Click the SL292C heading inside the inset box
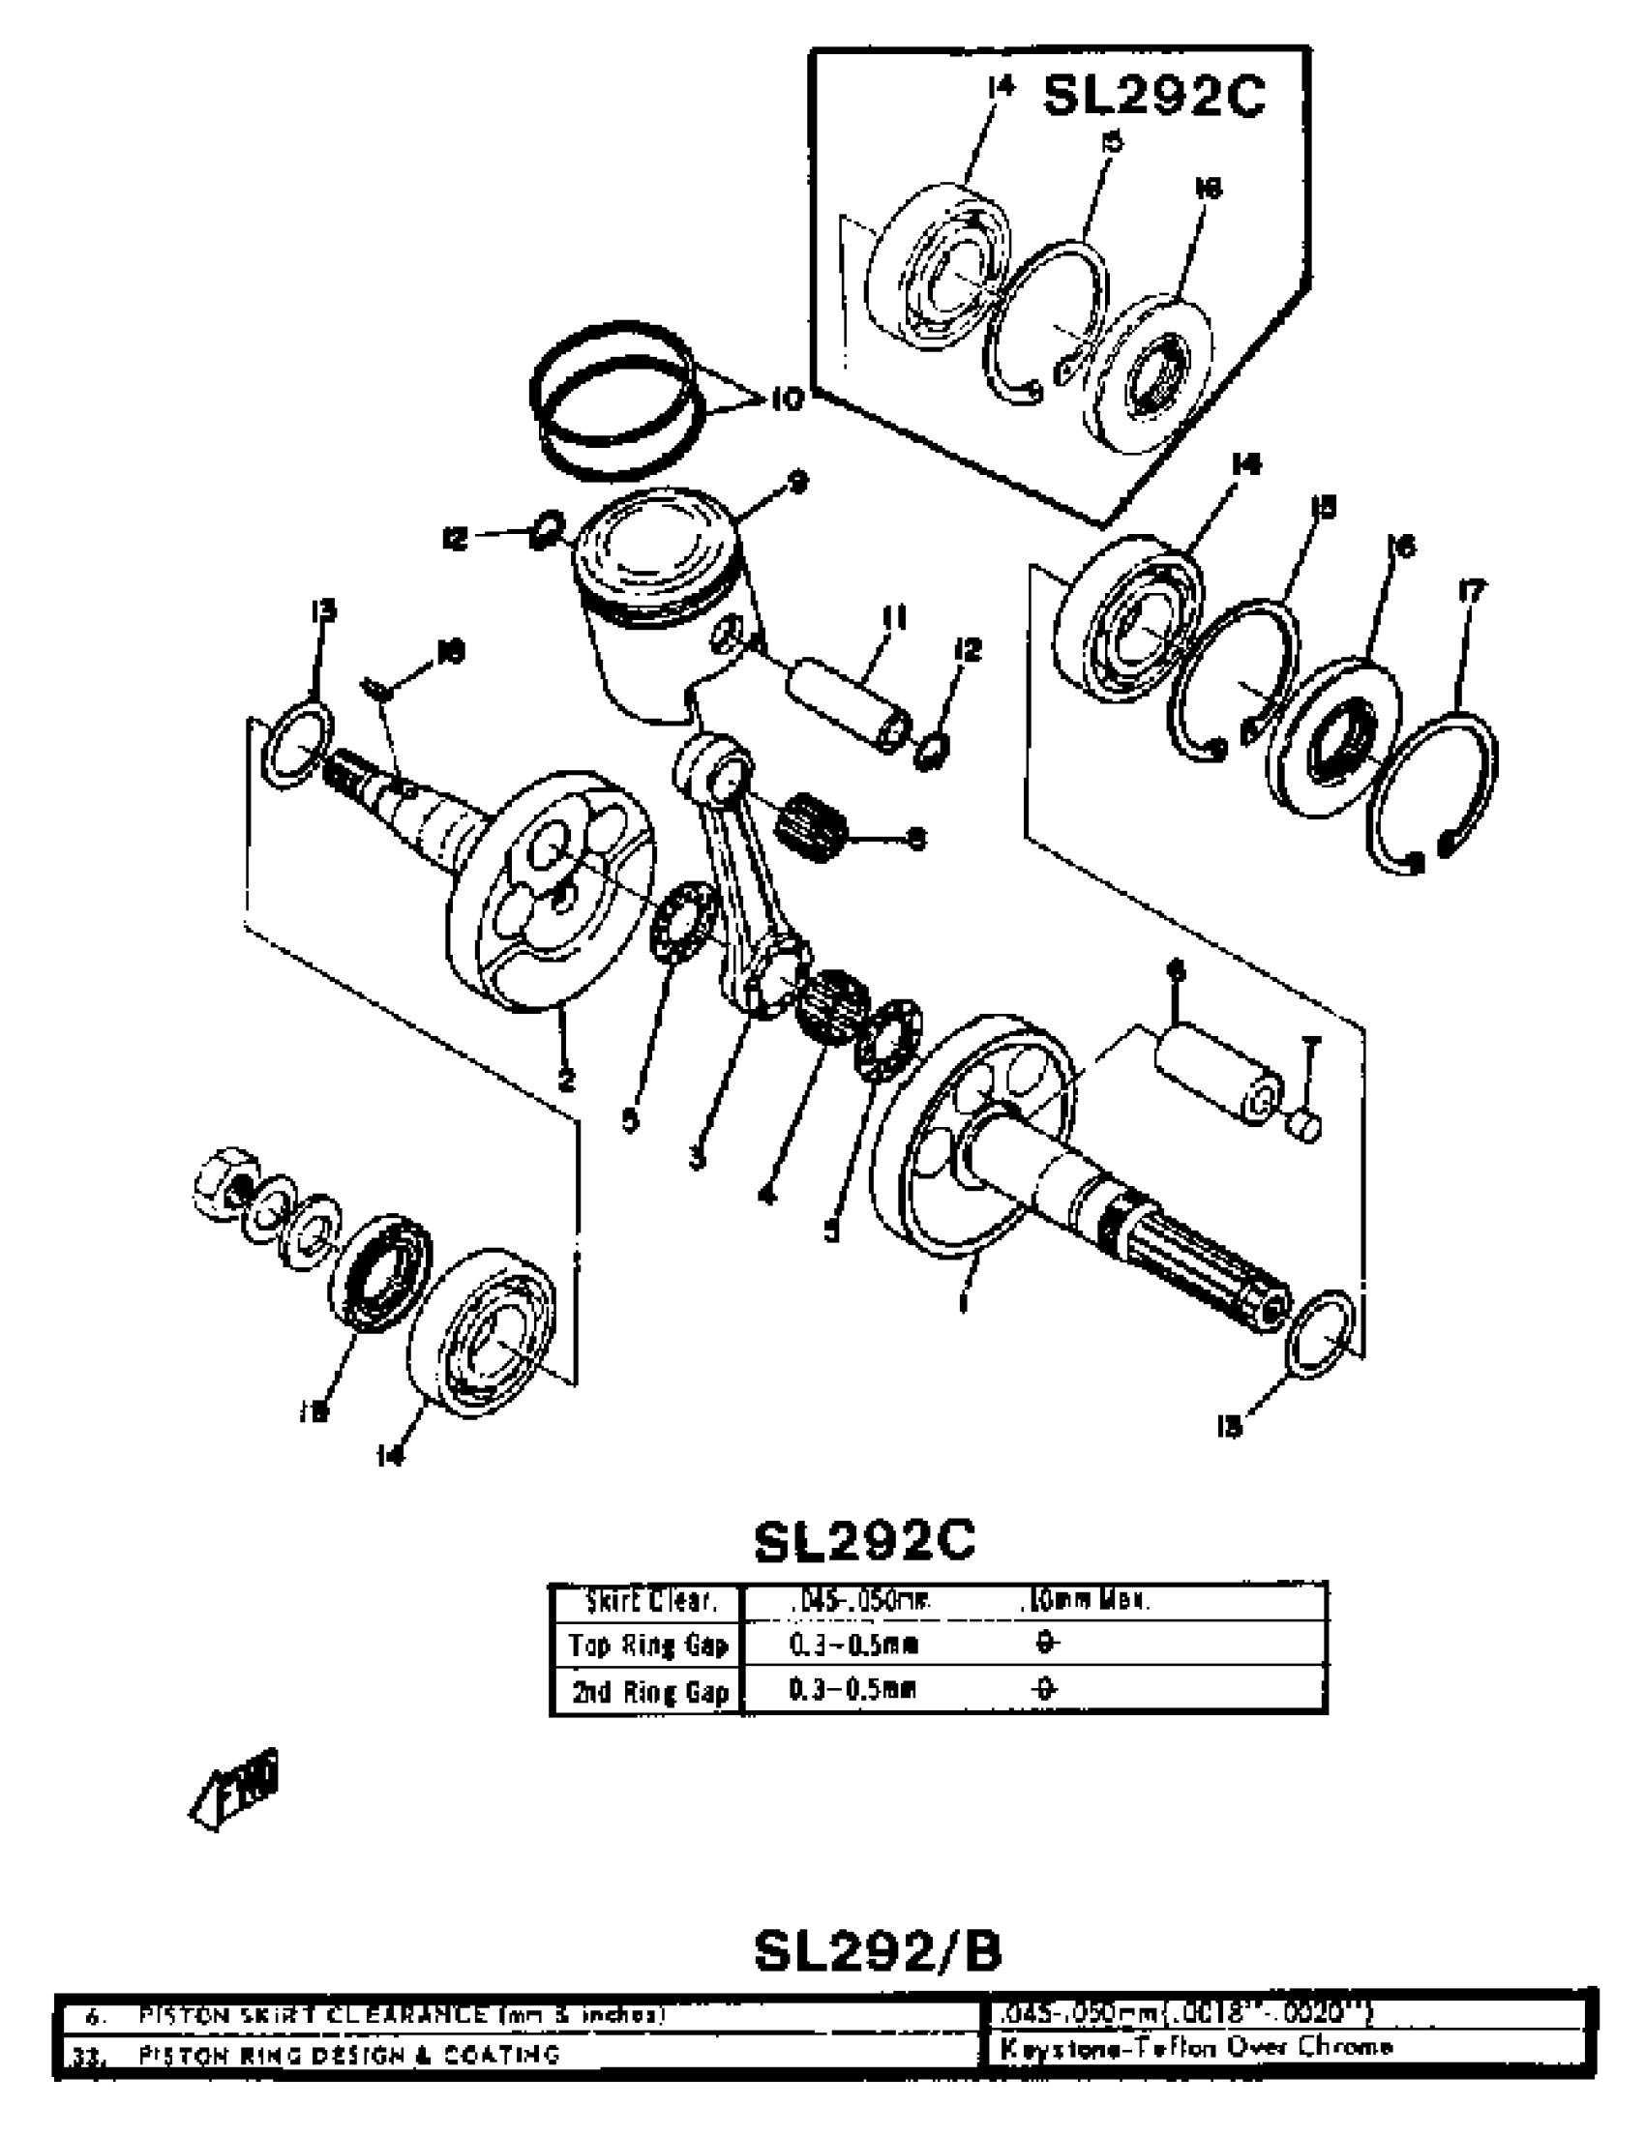(x=1154, y=97)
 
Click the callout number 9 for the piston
(x=798, y=482)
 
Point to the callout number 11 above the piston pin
(x=894, y=618)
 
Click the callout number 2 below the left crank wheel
(x=564, y=1081)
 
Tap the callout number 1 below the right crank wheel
(x=964, y=1302)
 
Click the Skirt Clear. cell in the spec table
(x=650, y=1601)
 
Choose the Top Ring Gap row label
(x=648, y=1645)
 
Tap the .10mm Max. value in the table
(x=1084, y=1601)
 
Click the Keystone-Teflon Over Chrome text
(x=1195, y=2046)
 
